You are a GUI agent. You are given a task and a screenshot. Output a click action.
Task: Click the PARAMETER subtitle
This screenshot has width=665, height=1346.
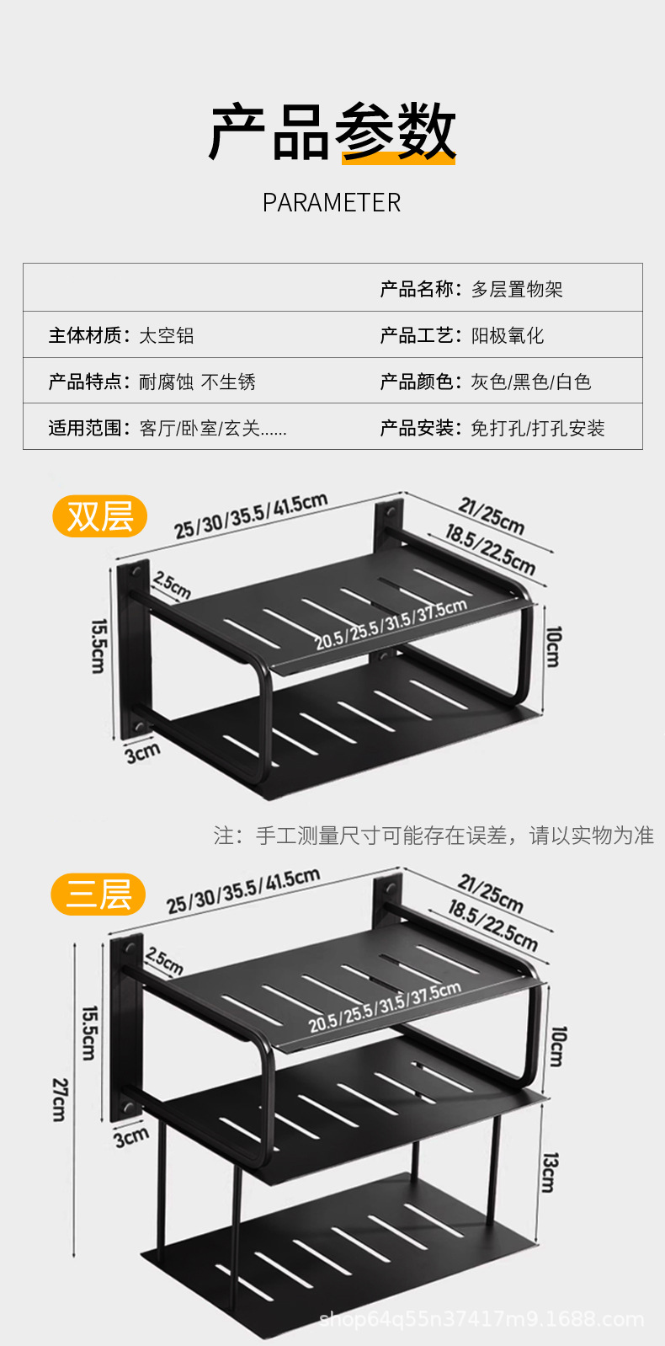click(x=332, y=203)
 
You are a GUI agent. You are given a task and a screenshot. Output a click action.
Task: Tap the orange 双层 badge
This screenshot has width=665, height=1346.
click(x=100, y=516)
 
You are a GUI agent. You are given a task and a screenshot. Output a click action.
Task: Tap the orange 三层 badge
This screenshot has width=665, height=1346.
click(x=98, y=894)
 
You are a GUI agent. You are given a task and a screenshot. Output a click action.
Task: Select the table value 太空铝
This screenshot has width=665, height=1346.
click(x=167, y=336)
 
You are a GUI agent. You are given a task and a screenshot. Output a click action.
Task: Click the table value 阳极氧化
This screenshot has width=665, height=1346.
click(x=508, y=336)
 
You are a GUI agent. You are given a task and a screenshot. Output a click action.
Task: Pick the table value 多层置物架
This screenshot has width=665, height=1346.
click(x=517, y=290)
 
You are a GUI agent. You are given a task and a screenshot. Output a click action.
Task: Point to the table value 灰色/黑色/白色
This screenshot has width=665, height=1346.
click(x=531, y=382)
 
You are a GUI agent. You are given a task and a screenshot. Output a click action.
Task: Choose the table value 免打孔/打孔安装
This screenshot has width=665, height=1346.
click(x=538, y=429)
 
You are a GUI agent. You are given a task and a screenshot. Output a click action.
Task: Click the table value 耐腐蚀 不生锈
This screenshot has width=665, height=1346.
click(x=197, y=382)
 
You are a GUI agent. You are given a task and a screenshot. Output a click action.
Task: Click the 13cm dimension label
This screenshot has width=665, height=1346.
click(x=549, y=1172)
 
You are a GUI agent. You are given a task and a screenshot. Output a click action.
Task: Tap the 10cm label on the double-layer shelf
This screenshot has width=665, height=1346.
click(x=553, y=646)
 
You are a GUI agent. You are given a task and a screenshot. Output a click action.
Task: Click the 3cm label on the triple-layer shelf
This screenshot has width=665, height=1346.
click(x=131, y=1138)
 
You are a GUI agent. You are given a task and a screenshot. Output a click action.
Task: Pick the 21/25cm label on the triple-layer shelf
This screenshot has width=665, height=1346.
click(x=491, y=895)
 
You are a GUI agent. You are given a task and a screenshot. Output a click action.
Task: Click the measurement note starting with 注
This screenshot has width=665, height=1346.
click(x=434, y=836)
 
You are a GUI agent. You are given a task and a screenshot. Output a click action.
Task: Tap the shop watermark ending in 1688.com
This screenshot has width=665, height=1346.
click(x=481, y=1320)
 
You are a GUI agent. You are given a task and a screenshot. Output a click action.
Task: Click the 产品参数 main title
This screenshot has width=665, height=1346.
click(x=332, y=132)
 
